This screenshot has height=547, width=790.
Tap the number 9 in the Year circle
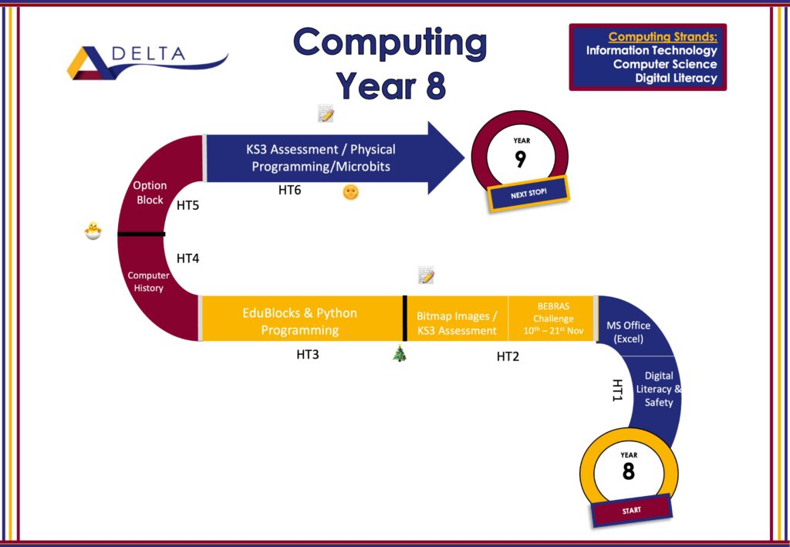point(521,159)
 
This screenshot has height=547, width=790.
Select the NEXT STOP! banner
point(528,194)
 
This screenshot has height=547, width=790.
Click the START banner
point(631,510)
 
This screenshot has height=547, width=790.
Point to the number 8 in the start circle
point(628,471)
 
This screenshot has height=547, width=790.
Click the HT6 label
point(290,191)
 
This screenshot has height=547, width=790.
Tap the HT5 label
point(188,205)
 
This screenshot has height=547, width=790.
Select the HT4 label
point(188,258)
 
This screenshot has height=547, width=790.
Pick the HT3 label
point(307,355)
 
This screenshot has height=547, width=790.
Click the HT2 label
point(508,356)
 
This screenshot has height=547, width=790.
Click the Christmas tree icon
point(400,353)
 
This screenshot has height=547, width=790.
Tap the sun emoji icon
point(351,192)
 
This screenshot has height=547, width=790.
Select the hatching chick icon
point(93,231)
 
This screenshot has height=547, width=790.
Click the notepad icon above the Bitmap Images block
point(426,275)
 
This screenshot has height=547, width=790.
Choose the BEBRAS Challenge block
point(552,319)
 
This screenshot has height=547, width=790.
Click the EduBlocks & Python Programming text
point(300,322)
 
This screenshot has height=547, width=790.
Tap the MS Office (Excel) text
point(628,332)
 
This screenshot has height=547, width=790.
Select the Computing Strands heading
point(663,37)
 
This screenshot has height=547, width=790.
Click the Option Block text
point(150,192)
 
